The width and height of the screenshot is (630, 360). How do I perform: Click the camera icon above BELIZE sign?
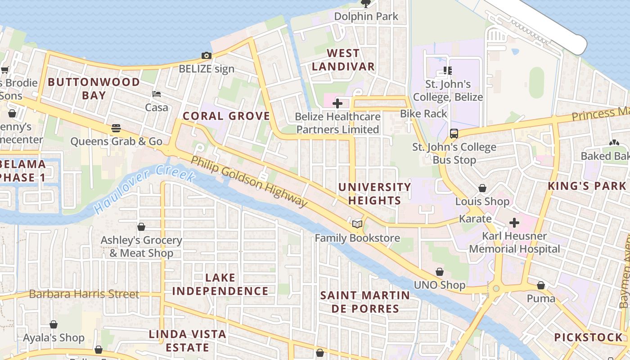(x=207, y=56)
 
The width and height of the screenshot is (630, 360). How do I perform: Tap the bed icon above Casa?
(x=157, y=94)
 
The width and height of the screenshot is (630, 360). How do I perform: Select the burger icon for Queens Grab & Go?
(x=116, y=128)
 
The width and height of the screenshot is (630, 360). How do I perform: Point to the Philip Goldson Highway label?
(x=249, y=182)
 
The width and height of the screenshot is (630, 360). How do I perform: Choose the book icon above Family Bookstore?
(x=357, y=224)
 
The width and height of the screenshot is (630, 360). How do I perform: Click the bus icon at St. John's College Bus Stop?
(x=454, y=134)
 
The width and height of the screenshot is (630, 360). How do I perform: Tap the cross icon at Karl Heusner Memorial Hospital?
(x=514, y=223)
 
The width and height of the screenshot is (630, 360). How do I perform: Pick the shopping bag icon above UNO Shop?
(x=440, y=272)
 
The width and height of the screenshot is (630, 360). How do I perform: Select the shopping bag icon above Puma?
(x=541, y=285)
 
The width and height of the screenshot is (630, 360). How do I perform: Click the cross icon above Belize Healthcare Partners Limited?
(x=337, y=103)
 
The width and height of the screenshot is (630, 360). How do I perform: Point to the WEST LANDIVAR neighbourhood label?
(x=343, y=60)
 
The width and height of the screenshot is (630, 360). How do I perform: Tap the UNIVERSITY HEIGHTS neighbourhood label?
(x=374, y=193)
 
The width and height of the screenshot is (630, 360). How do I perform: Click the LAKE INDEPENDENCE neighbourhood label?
(x=220, y=284)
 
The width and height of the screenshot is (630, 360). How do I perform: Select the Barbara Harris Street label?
(x=84, y=294)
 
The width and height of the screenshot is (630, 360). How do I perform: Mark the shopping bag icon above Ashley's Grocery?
(x=141, y=227)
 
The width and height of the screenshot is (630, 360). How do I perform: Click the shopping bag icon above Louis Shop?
(x=482, y=188)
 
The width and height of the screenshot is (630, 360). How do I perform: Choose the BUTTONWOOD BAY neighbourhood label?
(x=94, y=88)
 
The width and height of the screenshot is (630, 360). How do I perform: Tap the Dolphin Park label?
(x=366, y=17)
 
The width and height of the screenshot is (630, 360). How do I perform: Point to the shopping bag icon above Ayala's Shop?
(x=54, y=324)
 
